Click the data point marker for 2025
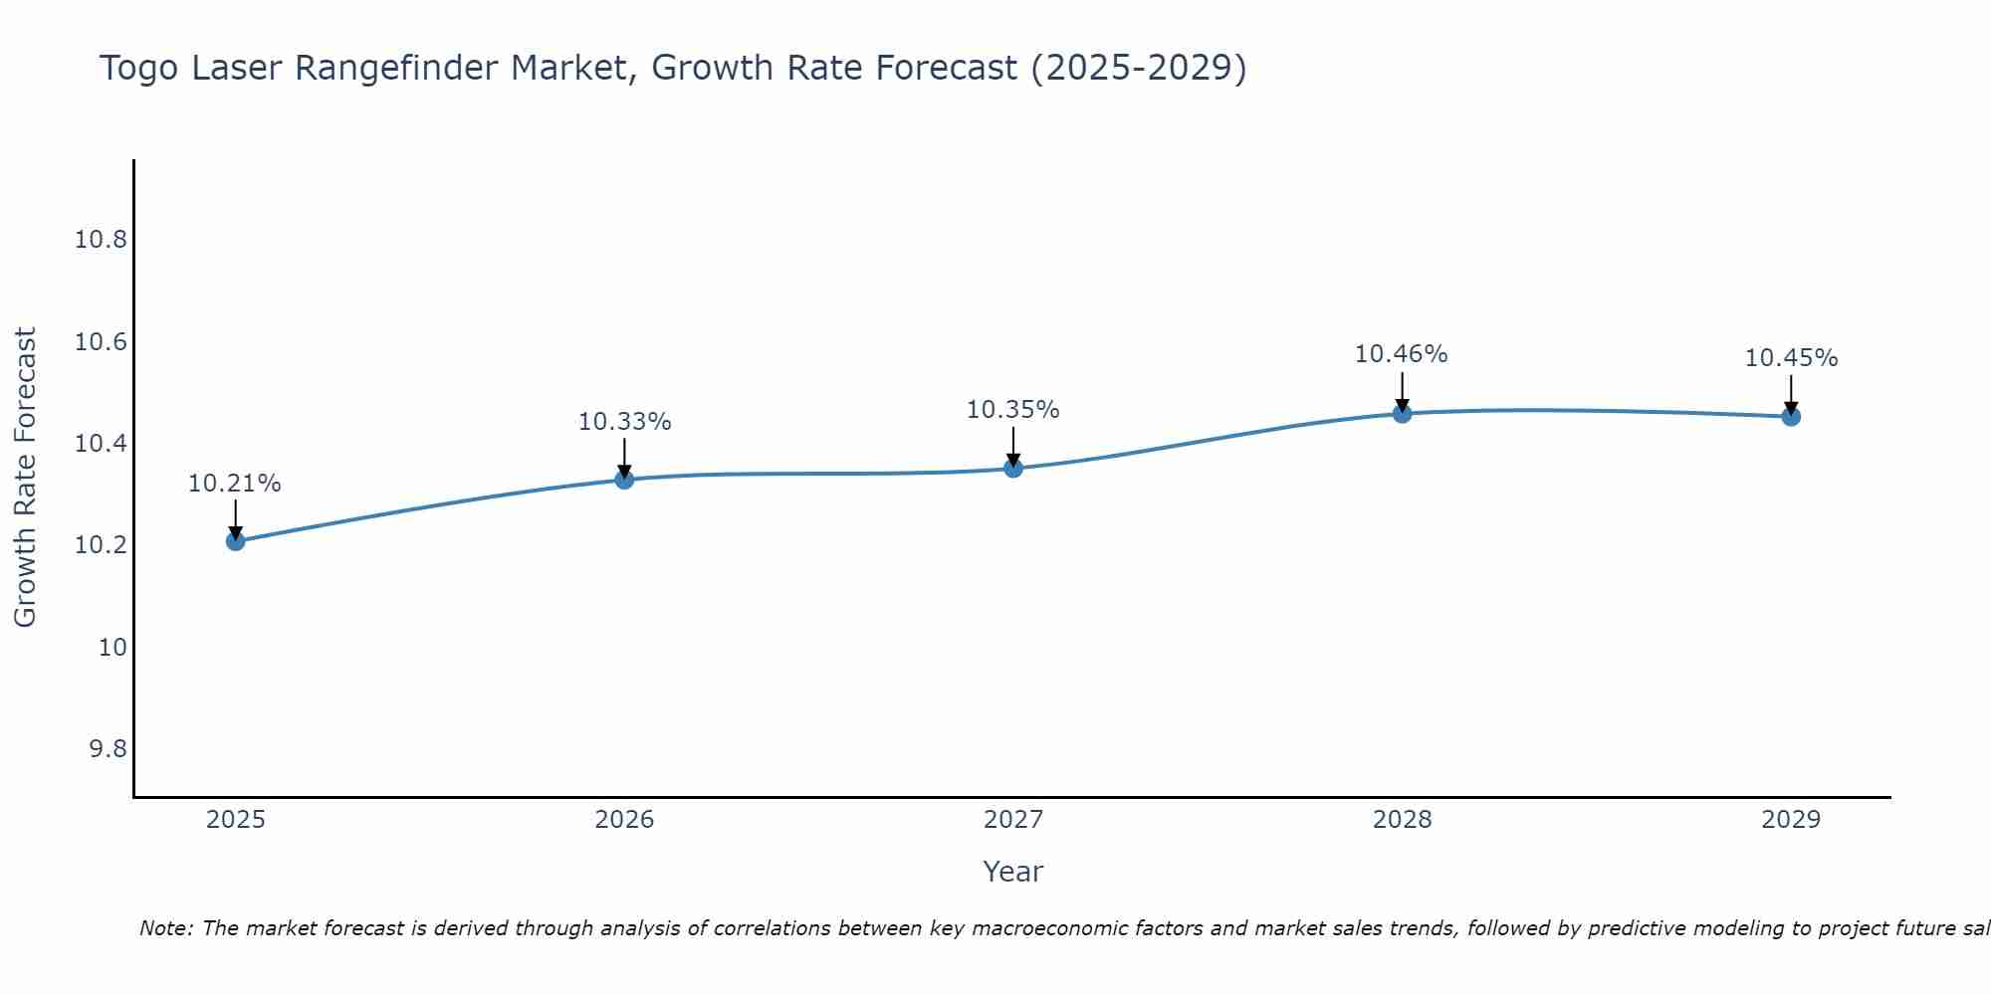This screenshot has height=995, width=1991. (x=236, y=541)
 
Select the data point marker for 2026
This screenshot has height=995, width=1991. (x=624, y=480)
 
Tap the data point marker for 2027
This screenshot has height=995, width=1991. (x=1013, y=468)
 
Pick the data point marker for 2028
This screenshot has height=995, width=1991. (x=1402, y=413)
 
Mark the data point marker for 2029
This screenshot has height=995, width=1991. (x=1791, y=416)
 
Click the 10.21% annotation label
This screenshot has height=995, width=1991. (x=235, y=484)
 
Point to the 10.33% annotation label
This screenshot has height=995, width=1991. (x=624, y=422)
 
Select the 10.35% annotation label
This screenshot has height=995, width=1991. (x=1013, y=410)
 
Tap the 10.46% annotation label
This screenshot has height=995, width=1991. (x=1402, y=354)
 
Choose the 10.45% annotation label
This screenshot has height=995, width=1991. (x=1791, y=358)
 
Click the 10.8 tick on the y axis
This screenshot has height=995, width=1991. (x=101, y=240)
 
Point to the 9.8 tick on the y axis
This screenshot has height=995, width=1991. (x=108, y=748)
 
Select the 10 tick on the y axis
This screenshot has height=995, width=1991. (x=113, y=647)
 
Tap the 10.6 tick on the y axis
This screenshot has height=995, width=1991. (x=101, y=342)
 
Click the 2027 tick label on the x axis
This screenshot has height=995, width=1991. (x=1013, y=820)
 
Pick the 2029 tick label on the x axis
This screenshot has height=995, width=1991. (x=1791, y=820)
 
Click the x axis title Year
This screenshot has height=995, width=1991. (x=1013, y=872)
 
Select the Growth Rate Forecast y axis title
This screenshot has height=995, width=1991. (x=26, y=478)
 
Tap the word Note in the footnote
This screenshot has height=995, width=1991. (x=164, y=928)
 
